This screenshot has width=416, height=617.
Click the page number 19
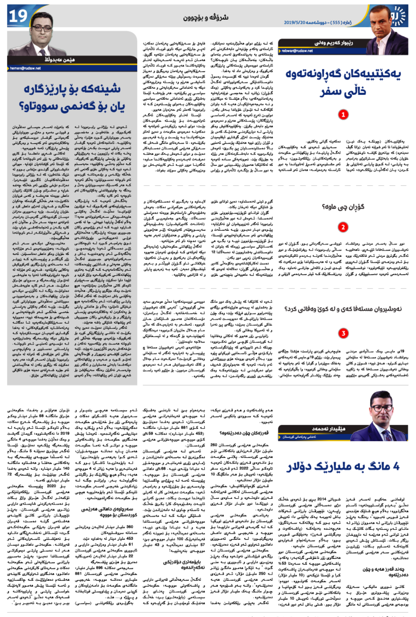(x=18, y=16)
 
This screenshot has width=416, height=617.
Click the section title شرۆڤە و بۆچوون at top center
(x=206, y=18)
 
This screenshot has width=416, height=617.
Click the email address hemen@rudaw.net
(x=25, y=68)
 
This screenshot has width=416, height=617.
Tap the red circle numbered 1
(x=343, y=115)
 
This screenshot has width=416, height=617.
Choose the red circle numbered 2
(x=343, y=227)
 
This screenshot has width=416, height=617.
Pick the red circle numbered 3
(x=343, y=333)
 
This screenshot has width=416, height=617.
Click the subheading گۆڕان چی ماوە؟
(x=343, y=207)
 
